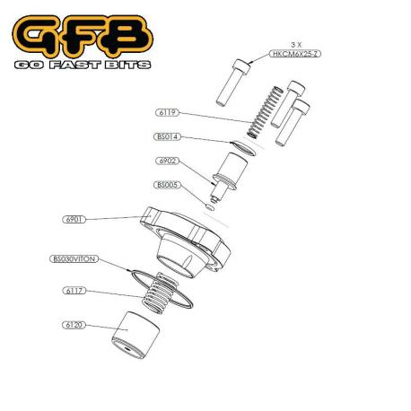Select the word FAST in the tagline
(76, 65)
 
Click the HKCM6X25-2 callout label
(293, 55)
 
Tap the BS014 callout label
(168, 137)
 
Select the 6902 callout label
(167, 162)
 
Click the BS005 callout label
(167, 185)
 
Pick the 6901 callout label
(74, 218)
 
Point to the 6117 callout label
(74, 291)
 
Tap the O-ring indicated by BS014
(241, 146)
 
